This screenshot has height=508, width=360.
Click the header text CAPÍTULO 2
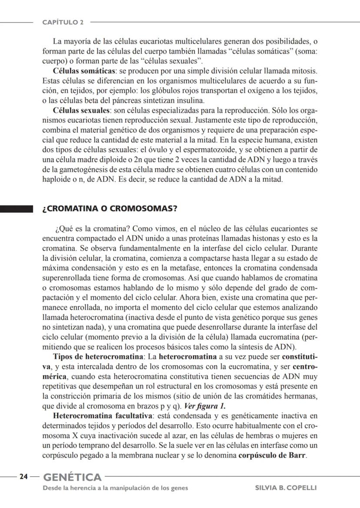coord(63,22)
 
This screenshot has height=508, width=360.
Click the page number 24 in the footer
coord(23,477)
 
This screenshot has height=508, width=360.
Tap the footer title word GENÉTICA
coord(72,477)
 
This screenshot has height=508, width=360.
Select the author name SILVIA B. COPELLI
coord(286,488)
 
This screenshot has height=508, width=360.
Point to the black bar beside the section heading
coord(17,209)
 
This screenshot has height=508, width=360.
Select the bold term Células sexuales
coord(81,110)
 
